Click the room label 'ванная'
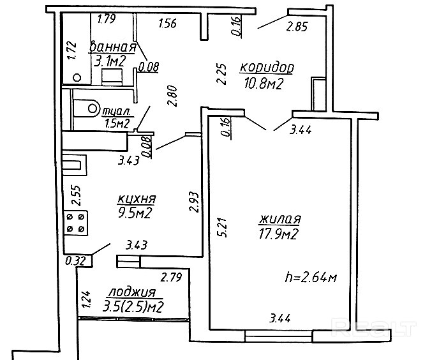coord(113,47)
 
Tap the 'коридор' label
coord(267,68)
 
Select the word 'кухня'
coord(137,199)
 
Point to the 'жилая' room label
coord(279,219)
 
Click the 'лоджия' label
coord(131,292)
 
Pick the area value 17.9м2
coord(278,234)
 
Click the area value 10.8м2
coord(264,83)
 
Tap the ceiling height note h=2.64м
coord(311,277)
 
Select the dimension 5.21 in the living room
coord(224,227)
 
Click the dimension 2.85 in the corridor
coord(297,27)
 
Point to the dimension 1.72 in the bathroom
coord(72,50)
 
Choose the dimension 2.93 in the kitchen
coord(194,202)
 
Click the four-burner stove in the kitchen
coord(76,223)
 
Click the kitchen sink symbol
coord(74,165)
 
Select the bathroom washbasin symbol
coord(112,77)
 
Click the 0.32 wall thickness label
coord(75,261)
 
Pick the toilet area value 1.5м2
coord(117,123)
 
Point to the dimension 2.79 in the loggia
coord(171,277)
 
